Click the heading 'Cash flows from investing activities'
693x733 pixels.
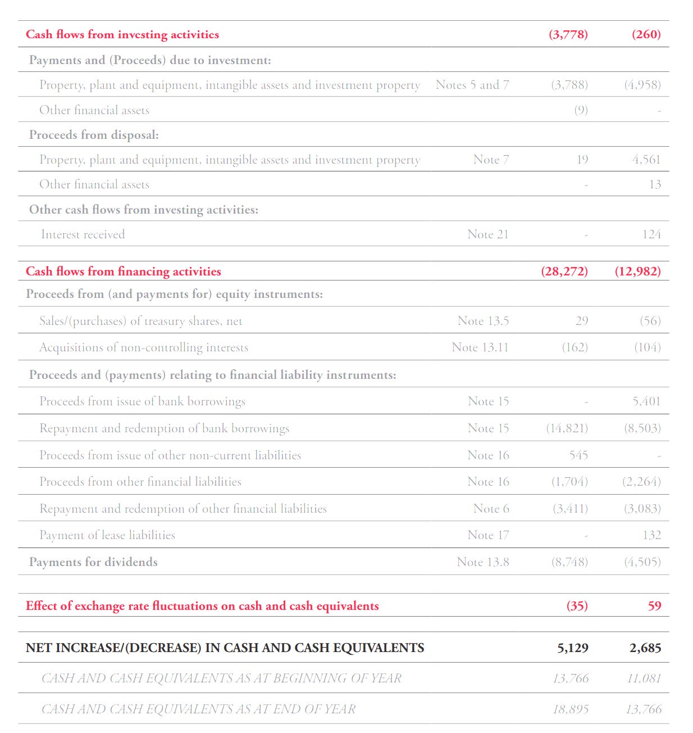click(122, 34)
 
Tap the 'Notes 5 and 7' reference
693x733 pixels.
click(472, 85)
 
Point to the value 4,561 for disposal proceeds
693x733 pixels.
click(646, 160)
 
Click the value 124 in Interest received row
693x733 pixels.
click(651, 234)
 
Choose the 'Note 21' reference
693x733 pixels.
click(488, 234)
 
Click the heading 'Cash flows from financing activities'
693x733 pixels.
click(124, 272)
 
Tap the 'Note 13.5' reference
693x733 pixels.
click(483, 321)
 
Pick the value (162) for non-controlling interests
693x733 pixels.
click(575, 347)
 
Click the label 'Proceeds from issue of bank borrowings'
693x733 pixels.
click(142, 401)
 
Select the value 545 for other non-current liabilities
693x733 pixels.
click(578, 455)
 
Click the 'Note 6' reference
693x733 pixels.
click(491, 509)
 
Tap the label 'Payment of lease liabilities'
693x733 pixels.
click(107, 535)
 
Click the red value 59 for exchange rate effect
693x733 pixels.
click(654, 606)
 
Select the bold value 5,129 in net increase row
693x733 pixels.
click(573, 648)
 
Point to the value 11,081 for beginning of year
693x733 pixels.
click(644, 678)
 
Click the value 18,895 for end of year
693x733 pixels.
click(571, 709)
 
